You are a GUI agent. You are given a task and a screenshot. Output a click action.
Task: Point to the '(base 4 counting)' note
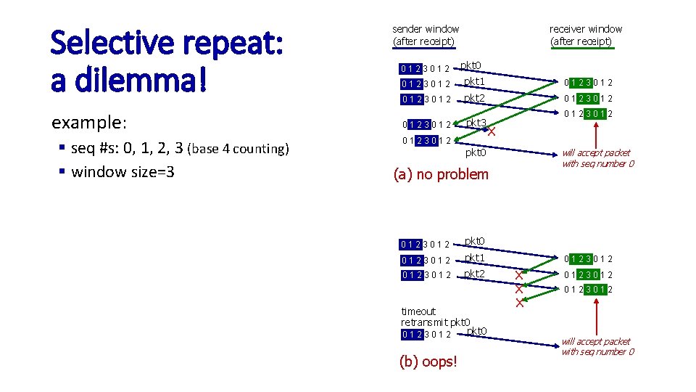click(238, 149)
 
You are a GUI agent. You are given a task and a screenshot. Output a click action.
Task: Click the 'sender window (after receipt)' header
click(426, 35)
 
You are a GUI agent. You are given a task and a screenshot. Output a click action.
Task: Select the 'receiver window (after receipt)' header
click(585, 35)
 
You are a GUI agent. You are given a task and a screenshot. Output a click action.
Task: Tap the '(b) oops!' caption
click(428, 362)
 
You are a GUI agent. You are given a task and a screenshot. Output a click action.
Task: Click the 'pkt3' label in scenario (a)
click(476, 123)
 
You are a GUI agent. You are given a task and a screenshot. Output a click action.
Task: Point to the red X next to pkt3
click(492, 132)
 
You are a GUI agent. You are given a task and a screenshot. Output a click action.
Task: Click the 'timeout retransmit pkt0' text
click(435, 317)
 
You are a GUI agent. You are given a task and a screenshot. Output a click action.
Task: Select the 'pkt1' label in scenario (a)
click(474, 81)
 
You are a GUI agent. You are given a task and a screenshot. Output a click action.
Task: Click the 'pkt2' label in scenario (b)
click(474, 274)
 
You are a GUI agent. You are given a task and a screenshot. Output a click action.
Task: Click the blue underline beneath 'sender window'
click(423, 48)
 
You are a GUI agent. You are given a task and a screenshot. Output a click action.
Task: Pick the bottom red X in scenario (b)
click(519, 303)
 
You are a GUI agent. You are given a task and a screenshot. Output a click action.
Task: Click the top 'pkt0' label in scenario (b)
click(474, 241)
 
